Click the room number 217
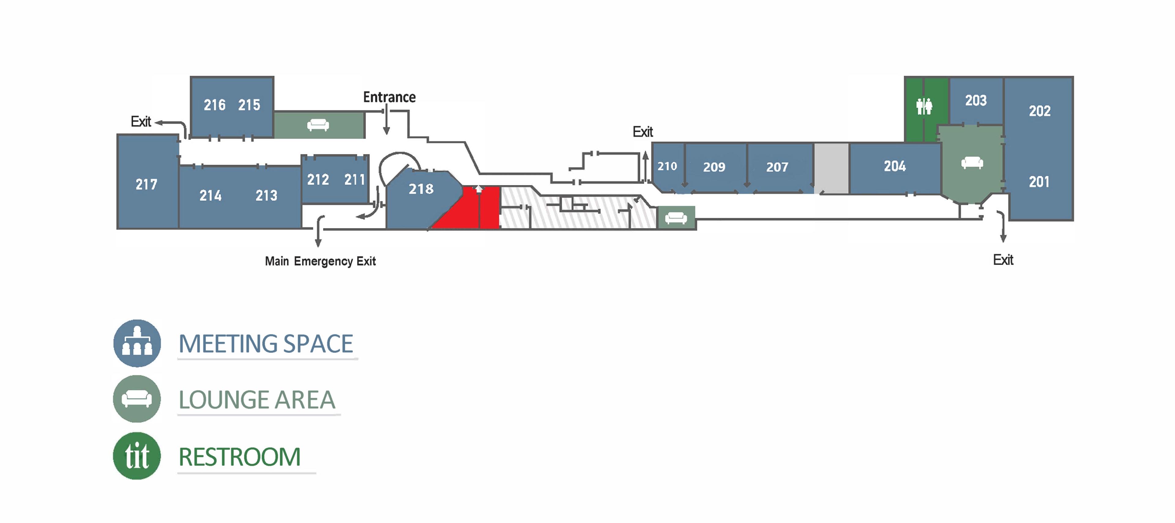tap(147, 184)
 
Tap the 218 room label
tap(420, 189)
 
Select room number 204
tap(894, 166)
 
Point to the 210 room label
tap(667, 166)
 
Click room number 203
tap(976, 100)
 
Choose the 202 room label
tap(1039, 111)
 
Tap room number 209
tap(714, 167)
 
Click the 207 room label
tap(777, 167)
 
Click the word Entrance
tap(389, 97)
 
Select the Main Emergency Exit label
tap(320, 261)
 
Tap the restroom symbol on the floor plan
tap(924, 106)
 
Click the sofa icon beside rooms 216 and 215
tap(318, 125)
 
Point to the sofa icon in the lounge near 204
tap(972, 163)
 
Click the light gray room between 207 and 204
tap(831, 168)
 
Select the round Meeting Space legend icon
tap(137, 343)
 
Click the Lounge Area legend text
tap(257, 400)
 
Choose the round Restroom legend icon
tap(137, 456)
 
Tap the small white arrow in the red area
tap(479, 189)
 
